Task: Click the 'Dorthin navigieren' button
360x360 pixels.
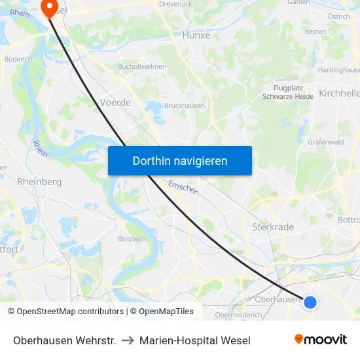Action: click(180, 160)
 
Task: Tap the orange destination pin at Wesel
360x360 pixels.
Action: click(49, 7)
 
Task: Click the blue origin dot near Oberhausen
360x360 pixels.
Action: click(310, 302)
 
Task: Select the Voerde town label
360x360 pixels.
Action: click(115, 103)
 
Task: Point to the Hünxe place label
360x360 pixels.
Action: click(196, 35)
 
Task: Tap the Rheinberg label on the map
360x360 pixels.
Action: click(39, 181)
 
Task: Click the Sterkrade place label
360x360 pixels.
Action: click(273, 226)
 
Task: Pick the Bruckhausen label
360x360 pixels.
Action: click(185, 105)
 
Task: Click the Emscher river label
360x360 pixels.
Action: click(183, 187)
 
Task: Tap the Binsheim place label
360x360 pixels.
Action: click(132, 239)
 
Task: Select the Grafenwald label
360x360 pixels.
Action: click(325, 141)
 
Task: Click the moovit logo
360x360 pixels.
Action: click(321, 339)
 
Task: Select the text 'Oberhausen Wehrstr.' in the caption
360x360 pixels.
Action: click(65, 340)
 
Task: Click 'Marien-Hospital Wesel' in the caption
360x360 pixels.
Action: click(195, 340)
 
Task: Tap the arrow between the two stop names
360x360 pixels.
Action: click(128, 340)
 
